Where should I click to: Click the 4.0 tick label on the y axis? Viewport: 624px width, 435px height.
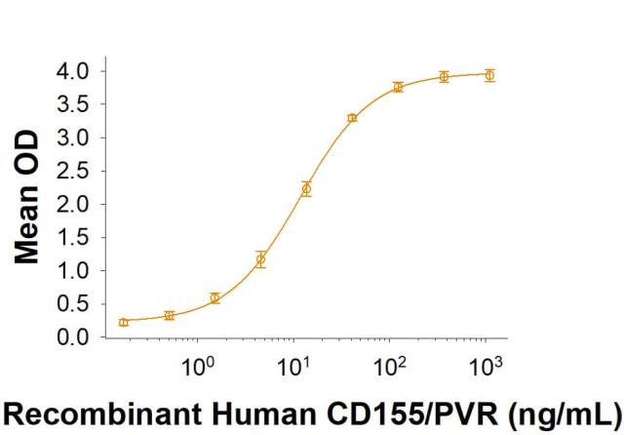pos(74,71)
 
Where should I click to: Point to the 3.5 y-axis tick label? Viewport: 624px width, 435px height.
pos(74,104)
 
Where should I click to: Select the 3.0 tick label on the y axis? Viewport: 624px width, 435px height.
pos(74,138)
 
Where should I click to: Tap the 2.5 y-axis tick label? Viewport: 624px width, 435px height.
pos(74,171)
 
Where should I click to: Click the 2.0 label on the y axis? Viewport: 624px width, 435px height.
pos(74,204)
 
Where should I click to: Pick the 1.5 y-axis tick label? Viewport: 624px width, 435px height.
pos(74,237)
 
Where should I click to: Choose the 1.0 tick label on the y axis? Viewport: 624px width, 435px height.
pos(74,271)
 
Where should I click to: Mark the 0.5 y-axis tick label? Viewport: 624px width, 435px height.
pos(74,304)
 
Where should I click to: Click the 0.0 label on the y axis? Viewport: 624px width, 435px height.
pos(74,337)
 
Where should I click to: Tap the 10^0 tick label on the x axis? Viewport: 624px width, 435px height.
pos(200,368)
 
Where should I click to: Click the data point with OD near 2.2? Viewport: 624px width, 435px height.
pos(306,189)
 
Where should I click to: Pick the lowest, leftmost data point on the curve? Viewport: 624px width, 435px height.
pos(124,322)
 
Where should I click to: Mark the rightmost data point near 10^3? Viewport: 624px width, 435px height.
pos(489,75)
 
